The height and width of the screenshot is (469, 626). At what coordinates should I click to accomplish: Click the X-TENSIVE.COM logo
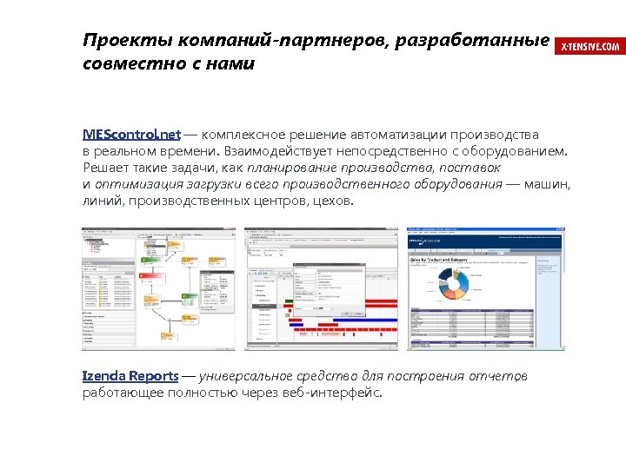(x=590, y=46)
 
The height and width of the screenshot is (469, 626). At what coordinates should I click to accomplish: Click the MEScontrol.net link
(x=131, y=135)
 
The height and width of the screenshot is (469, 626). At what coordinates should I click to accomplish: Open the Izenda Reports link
(x=130, y=376)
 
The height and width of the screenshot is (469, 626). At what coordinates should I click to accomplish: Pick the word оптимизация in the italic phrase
(x=136, y=184)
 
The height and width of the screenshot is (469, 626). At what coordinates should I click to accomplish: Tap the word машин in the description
(x=548, y=184)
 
